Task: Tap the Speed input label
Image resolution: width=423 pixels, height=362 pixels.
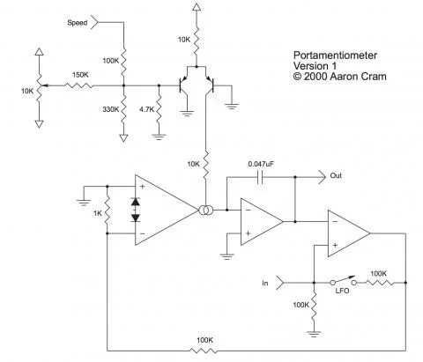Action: tap(78, 22)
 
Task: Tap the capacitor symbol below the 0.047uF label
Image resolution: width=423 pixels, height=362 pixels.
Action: tap(262, 176)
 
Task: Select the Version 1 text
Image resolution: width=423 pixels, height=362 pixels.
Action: tap(313, 65)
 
